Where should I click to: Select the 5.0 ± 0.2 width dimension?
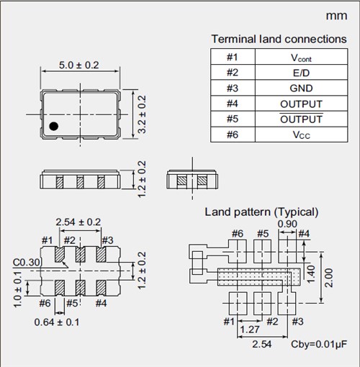[x=78, y=66]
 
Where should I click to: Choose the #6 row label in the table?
[x=231, y=135]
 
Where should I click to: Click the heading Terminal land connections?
[x=278, y=38]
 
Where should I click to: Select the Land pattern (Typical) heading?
[x=261, y=212]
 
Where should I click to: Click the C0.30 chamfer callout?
[x=27, y=263]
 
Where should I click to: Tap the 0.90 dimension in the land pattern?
[x=287, y=224]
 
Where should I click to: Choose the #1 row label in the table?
[x=231, y=57]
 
